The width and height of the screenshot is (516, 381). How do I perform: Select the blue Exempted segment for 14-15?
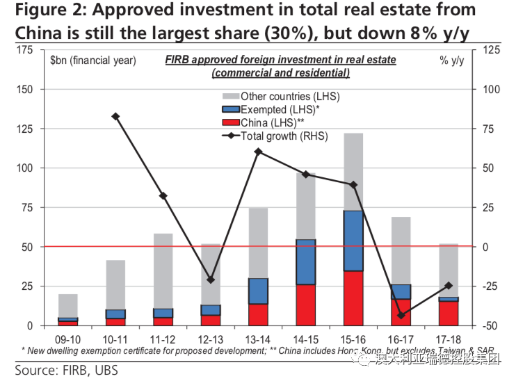pyautogui.click(x=306, y=261)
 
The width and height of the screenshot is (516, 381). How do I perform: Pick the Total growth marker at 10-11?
pyautogui.click(x=115, y=116)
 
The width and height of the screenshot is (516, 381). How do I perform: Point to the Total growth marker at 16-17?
pyautogui.click(x=401, y=315)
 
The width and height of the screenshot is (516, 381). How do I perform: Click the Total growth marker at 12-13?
pyautogui.click(x=211, y=279)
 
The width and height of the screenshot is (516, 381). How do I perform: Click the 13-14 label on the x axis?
pyautogui.click(x=258, y=338)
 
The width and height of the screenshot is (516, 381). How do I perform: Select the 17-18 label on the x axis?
pyautogui.click(x=448, y=338)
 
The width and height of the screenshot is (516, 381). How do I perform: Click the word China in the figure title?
pyautogui.click(x=40, y=33)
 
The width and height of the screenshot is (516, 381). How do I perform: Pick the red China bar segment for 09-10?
pyautogui.click(x=68, y=323)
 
